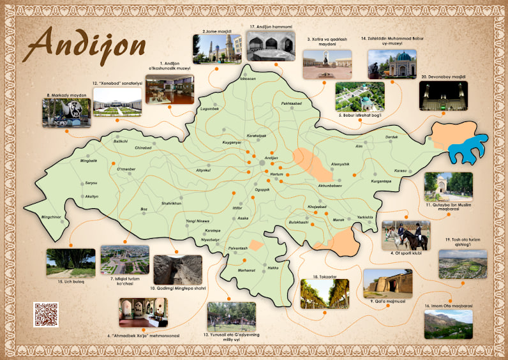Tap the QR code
(x=46, y=314)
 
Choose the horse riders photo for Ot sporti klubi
(x=405, y=236)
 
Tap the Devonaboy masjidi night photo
(x=443, y=96)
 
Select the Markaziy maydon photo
(x=66, y=113)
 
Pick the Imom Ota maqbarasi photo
(x=448, y=324)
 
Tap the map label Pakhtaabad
(x=291, y=103)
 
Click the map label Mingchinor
(x=51, y=217)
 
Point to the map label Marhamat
(x=246, y=270)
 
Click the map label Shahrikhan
(x=172, y=203)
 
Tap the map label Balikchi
(x=121, y=140)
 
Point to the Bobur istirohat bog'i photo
(x=360, y=96)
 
